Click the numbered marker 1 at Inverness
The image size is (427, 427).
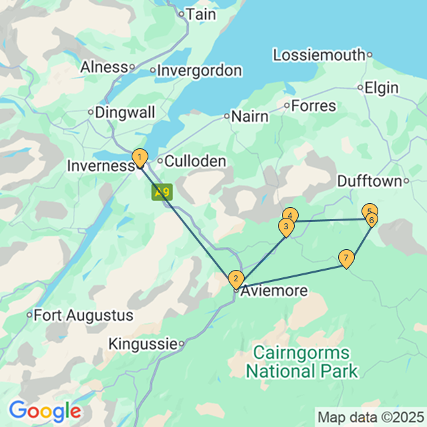pyautogui.click(x=139, y=158)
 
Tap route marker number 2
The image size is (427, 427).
pyautogui.click(x=235, y=278)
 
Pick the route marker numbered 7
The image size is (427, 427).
pyautogui.click(x=345, y=258)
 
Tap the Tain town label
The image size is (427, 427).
pyautogui.click(x=200, y=13)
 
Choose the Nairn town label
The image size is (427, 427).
pyautogui.click(x=249, y=116)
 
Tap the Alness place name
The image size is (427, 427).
pyautogui.click(x=104, y=67)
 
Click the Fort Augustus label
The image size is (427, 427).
pyautogui.click(x=83, y=315)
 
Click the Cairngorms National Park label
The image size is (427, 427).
pyautogui.click(x=301, y=361)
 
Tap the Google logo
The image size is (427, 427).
pyautogui.click(x=45, y=410)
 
